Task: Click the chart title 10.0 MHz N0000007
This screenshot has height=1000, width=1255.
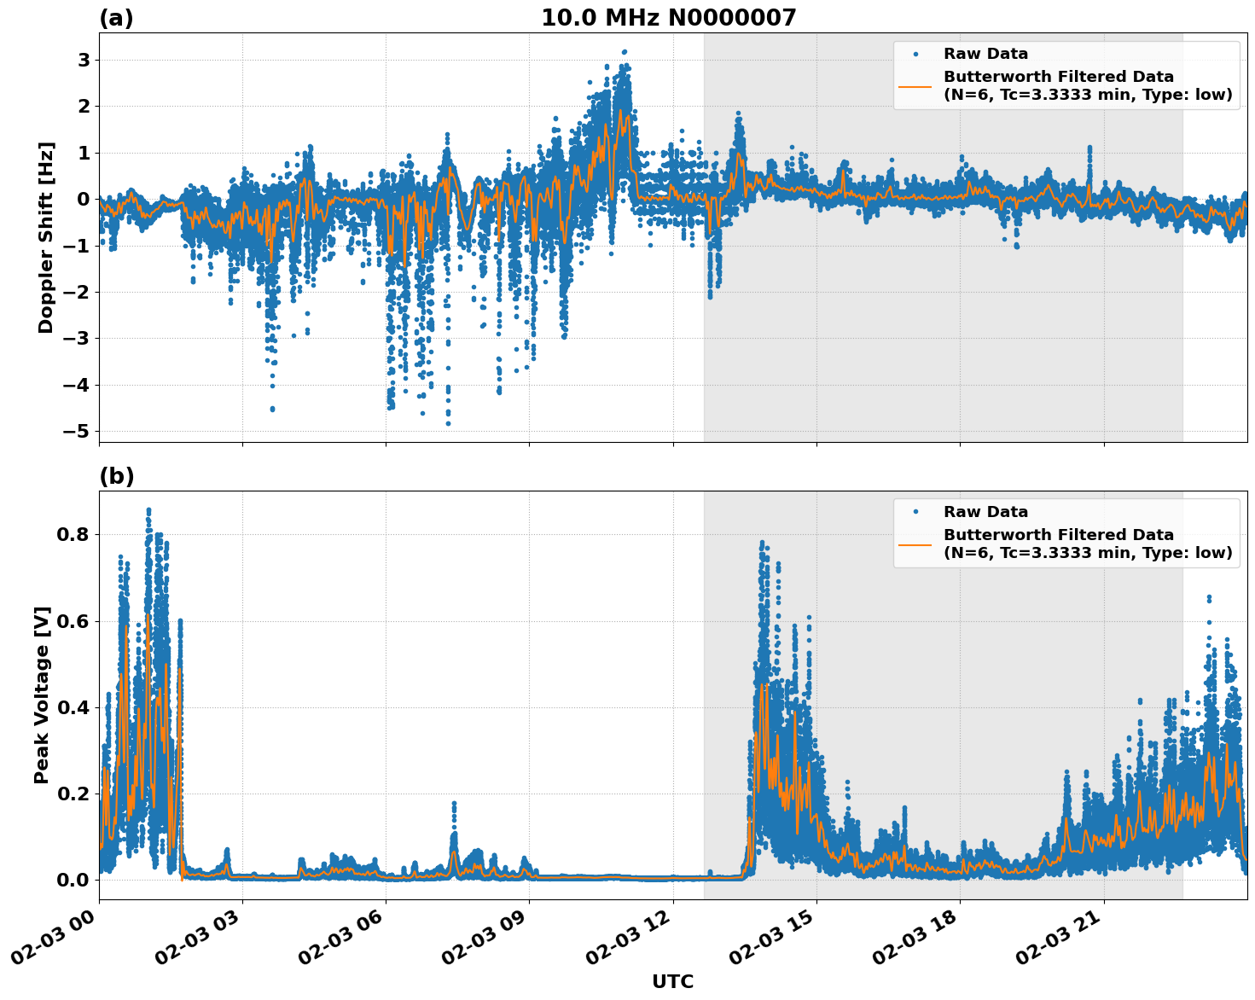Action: click(x=668, y=18)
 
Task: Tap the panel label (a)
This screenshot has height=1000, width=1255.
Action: click(x=116, y=18)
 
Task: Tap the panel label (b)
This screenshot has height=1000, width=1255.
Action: click(x=116, y=476)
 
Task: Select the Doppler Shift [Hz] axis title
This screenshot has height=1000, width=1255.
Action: click(x=46, y=237)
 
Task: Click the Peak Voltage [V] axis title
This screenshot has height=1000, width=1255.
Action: click(x=42, y=695)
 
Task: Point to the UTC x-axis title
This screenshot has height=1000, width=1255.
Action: click(x=672, y=981)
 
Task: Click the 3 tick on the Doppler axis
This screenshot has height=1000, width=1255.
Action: click(x=84, y=60)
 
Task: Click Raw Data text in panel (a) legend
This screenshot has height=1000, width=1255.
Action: click(x=985, y=55)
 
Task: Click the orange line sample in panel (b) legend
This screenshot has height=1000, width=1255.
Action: click(x=915, y=544)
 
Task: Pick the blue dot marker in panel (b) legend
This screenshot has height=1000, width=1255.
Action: click(x=915, y=512)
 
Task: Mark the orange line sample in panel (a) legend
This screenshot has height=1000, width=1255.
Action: click(x=915, y=85)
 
